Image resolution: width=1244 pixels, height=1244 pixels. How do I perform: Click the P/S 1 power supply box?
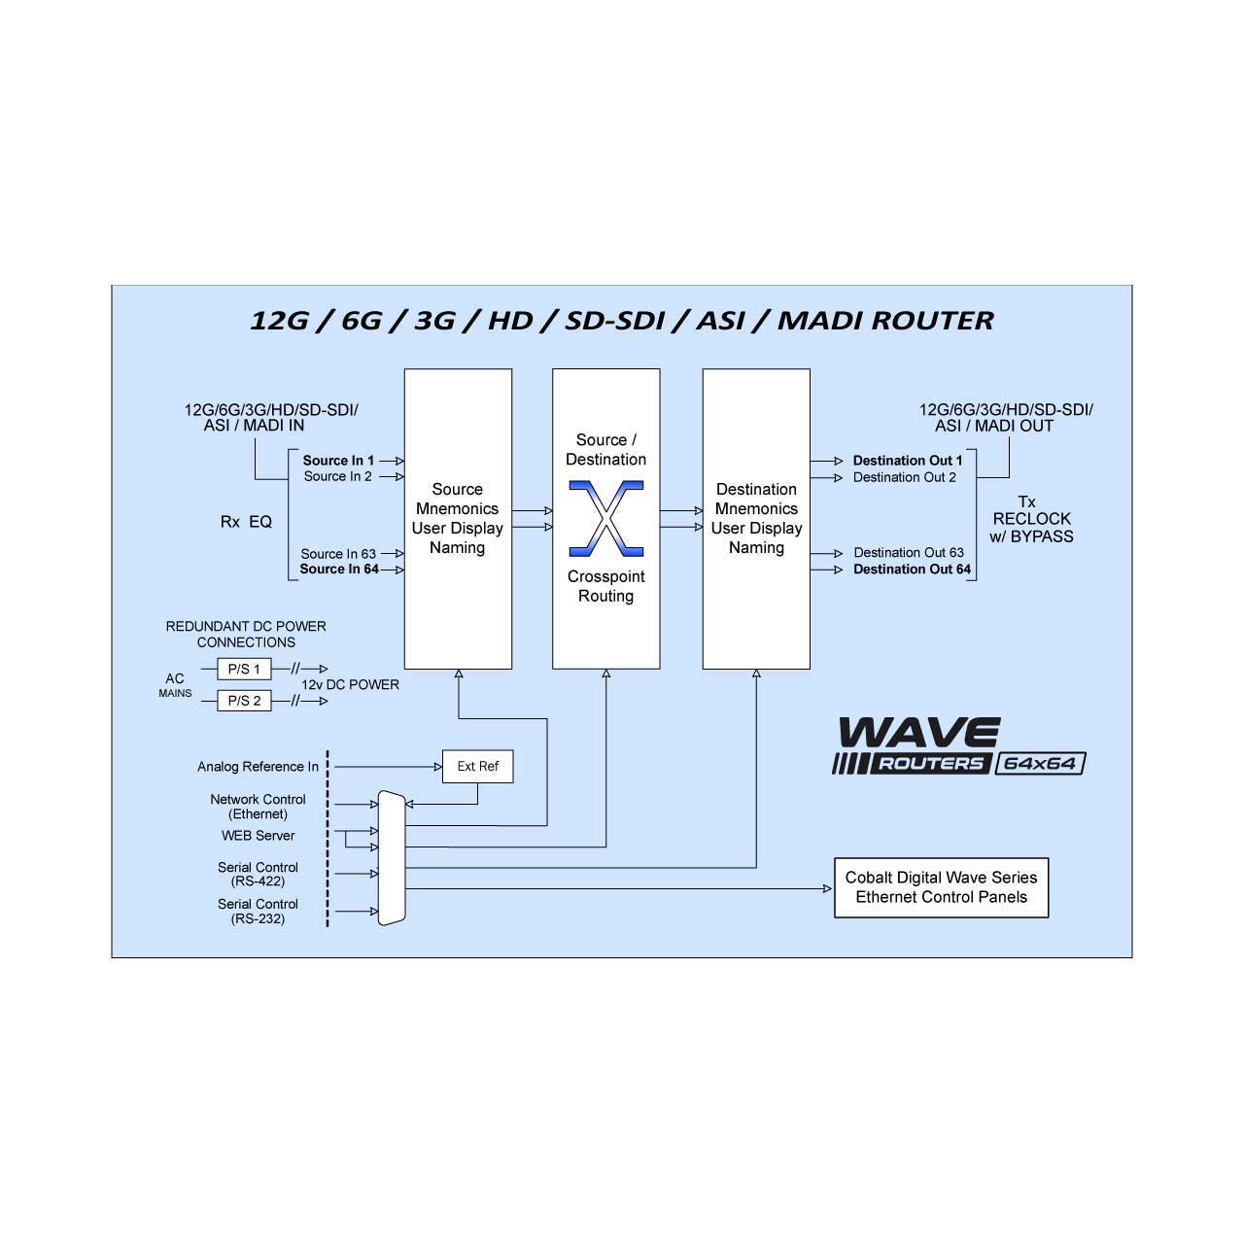click(244, 669)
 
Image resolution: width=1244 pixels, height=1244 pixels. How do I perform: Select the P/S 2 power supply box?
click(244, 701)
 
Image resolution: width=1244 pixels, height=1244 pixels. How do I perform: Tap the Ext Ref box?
click(478, 766)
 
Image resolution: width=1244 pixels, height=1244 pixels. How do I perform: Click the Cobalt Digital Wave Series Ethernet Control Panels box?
click(941, 887)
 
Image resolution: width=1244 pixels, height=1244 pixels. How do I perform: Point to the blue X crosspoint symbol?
click(606, 518)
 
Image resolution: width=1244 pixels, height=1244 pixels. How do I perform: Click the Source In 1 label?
click(338, 461)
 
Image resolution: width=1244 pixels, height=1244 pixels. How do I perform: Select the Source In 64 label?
click(339, 569)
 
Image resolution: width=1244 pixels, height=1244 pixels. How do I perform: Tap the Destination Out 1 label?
click(907, 461)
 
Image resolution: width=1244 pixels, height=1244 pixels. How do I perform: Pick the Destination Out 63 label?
click(909, 553)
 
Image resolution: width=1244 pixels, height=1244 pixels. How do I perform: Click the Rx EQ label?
click(246, 522)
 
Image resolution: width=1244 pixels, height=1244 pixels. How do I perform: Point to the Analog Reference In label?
click(258, 766)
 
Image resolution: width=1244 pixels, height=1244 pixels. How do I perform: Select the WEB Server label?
click(258, 836)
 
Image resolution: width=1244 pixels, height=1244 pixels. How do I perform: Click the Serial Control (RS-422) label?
click(258, 874)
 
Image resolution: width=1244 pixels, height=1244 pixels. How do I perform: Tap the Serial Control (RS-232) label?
click(258, 911)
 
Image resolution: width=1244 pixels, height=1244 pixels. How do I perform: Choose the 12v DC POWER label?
click(350, 684)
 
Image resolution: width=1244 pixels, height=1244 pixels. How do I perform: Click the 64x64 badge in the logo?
click(1040, 764)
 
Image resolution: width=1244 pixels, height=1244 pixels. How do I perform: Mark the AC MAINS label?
click(175, 685)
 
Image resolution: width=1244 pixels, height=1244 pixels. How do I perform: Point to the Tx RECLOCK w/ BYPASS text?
click(1031, 519)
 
